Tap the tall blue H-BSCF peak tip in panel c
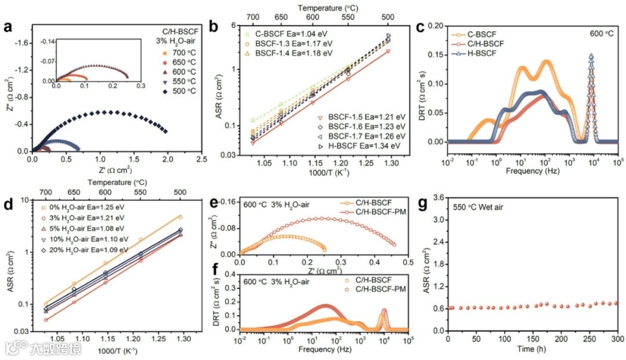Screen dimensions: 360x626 591,56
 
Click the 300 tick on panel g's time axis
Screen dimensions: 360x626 617,339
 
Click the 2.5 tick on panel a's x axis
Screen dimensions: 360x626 202,159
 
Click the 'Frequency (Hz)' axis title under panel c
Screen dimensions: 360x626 532,172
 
